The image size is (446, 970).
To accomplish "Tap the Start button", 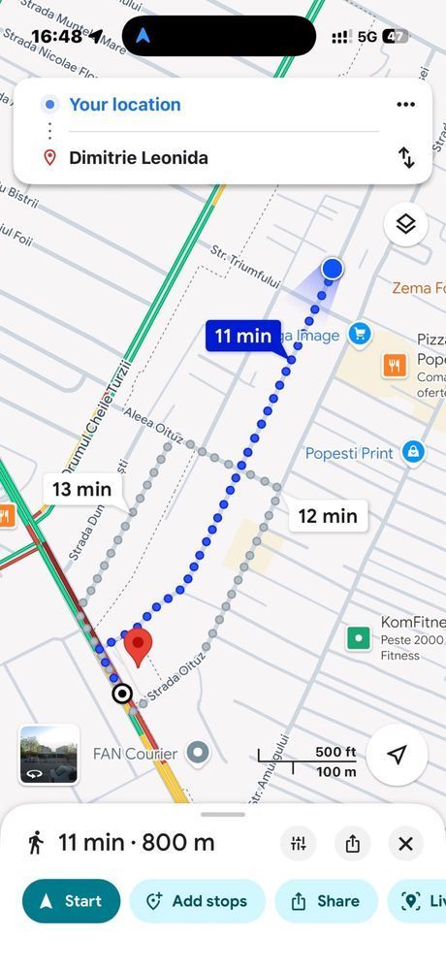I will [x=71, y=901].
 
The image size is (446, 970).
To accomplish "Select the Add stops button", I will [x=197, y=901].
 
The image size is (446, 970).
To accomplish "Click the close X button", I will [x=405, y=844].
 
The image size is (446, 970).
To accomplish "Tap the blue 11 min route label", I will [x=242, y=336].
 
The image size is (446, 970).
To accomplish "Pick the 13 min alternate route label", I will [x=81, y=489].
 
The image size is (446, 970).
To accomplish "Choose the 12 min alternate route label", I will [x=328, y=516].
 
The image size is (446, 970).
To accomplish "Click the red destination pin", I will [x=139, y=644].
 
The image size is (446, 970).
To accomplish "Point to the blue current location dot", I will [x=333, y=268].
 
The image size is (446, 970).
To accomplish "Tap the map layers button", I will [x=405, y=224].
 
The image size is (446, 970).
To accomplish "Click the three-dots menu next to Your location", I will [x=405, y=105].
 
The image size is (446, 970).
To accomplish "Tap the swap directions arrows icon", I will [x=405, y=157].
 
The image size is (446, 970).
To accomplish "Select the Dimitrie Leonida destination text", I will [x=139, y=158].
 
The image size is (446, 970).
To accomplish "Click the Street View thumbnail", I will [x=48, y=754].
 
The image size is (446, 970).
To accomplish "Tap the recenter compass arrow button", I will [x=397, y=755].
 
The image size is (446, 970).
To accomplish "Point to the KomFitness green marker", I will [x=359, y=637].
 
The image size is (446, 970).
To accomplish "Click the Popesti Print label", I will [x=349, y=453].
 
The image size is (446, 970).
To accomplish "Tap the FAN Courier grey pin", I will [x=198, y=753].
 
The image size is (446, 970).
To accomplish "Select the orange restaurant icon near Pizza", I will [x=394, y=365].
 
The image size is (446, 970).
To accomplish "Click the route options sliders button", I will [x=298, y=844].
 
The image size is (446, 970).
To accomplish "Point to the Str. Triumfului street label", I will [x=245, y=264].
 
